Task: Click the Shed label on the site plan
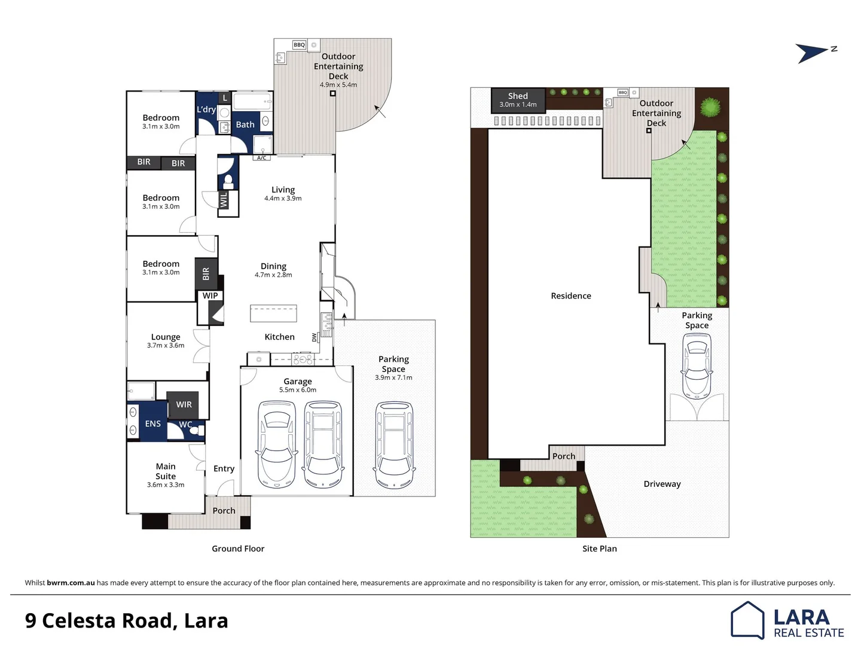point(518,96)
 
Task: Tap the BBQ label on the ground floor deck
point(299,45)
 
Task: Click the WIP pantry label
point(210,295)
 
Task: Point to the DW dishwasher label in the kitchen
point(315,337)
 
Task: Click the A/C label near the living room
point(261,158)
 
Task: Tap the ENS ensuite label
point(152,423)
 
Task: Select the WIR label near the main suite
point(184,404)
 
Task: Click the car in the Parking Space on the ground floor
point(394,445)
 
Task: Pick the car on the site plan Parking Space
point(697,365)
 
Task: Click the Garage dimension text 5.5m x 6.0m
point(298,390)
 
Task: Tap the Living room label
point(283,190)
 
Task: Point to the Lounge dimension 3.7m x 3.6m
point(166,345)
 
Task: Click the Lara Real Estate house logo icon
point(747,620)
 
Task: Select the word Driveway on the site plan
point(662,484)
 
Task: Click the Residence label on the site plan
point(570,295)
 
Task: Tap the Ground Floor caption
point(238,549)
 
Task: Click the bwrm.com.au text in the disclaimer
point(71,583)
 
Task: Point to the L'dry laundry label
point(206,109)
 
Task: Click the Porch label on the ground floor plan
point(224,511)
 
